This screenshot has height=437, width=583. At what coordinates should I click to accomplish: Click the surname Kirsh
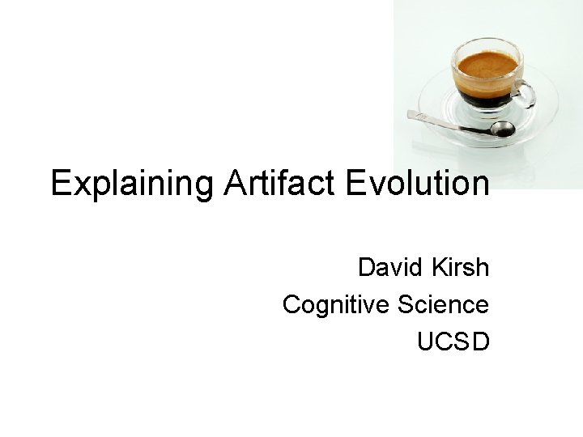click(461, 266)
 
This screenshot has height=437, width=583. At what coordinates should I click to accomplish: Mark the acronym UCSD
click(453, 342)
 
